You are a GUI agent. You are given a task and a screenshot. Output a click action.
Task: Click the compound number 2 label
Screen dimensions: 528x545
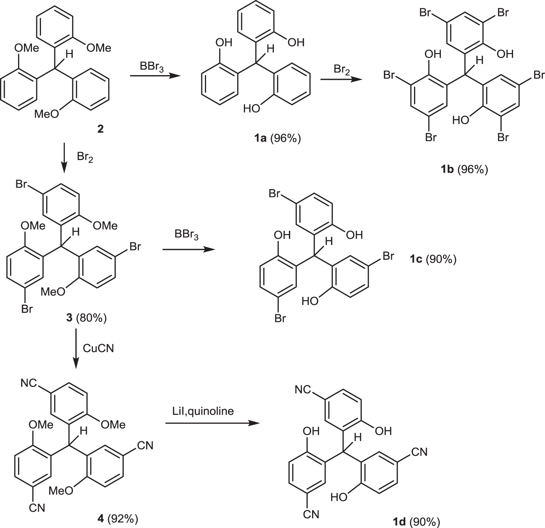coord(100,128)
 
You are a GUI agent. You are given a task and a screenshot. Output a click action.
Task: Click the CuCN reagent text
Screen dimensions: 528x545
coord(98,348)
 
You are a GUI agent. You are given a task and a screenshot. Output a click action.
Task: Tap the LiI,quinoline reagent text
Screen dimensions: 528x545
coord(203,411)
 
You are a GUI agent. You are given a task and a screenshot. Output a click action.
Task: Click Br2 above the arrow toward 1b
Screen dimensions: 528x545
coord(342,69)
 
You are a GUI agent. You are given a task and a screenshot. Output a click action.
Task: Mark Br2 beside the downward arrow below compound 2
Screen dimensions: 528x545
coord(85,158)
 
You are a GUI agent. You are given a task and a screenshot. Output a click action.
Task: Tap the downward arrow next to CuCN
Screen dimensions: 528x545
coord(76,348)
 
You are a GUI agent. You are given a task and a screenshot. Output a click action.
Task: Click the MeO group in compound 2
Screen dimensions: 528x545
coord(46,115)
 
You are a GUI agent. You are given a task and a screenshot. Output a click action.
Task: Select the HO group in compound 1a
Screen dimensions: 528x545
coord(252,108)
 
